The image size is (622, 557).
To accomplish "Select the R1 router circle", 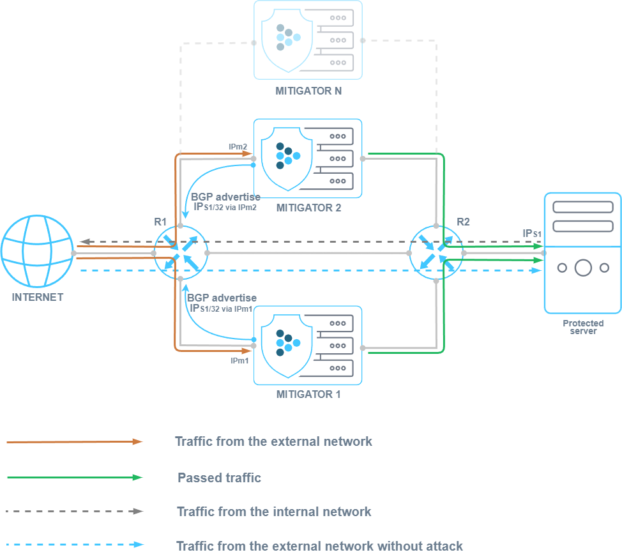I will pos(181,253).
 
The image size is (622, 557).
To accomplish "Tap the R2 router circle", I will pos(436,253).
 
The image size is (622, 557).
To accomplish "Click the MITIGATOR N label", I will pos(308,91).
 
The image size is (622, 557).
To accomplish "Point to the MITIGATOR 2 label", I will pos(308,208).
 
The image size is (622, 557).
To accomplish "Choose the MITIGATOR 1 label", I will pos(308,394).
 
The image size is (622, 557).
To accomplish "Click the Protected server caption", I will pos(583,327).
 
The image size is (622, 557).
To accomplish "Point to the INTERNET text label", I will pos(37,297).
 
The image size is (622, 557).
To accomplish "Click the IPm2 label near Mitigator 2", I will pos(238,147).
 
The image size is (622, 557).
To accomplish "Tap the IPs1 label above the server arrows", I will pos(531,234).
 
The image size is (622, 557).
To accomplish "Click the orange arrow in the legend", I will pos(75,441).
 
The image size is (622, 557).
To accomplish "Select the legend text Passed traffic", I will pos(219,478).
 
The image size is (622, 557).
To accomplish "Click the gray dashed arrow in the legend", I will pos(75,511).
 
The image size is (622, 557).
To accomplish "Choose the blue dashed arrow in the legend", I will pos(75,545).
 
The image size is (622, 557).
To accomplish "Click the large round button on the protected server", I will pos(583,268).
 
